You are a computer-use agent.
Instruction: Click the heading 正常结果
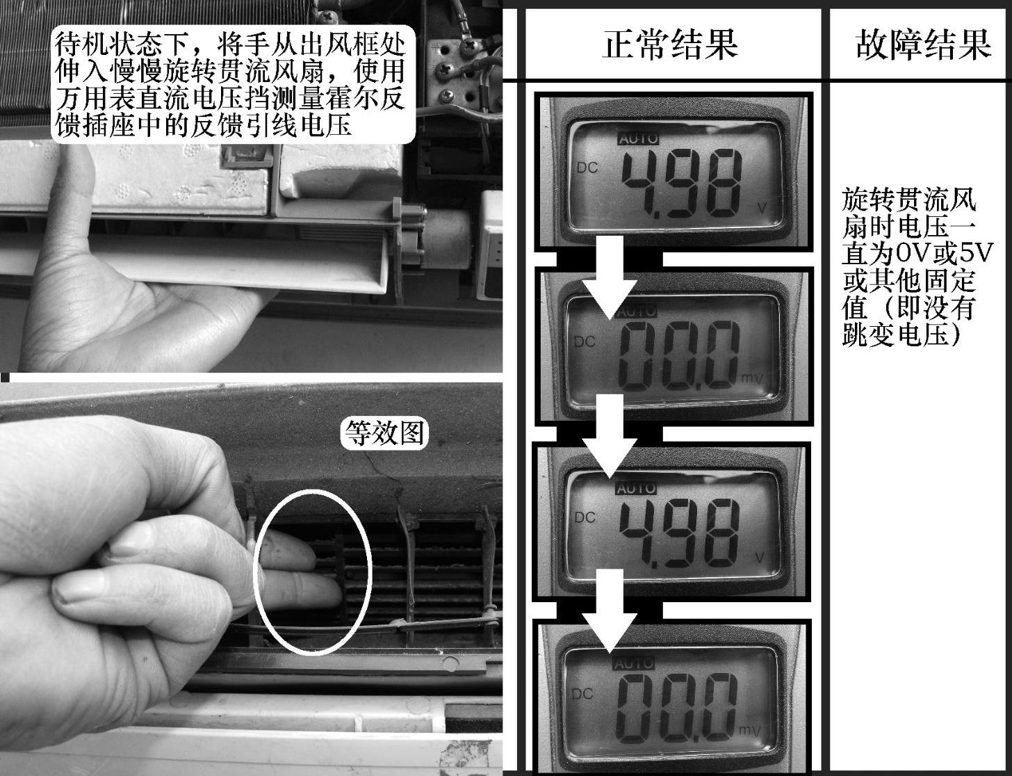coord(670,45)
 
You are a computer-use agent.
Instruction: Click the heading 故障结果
coord(923,45)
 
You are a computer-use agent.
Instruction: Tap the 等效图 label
coord(384,433)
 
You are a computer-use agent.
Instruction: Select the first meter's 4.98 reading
coord(681,182)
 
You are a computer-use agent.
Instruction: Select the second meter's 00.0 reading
coord(678,357)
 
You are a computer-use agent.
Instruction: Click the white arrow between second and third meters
coord(610,436)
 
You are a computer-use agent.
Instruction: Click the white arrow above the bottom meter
coord(610,611)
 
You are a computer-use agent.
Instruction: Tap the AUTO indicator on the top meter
coord(638,138)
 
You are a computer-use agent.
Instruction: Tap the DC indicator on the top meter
coord(587,168)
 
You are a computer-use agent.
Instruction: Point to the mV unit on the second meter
coord(752,379)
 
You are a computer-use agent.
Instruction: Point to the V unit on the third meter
coord(760,557)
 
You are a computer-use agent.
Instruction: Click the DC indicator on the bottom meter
coord(582,694)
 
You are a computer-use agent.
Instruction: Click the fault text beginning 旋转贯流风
coord(917,268)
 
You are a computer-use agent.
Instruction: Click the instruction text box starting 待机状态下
coord(233,84)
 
